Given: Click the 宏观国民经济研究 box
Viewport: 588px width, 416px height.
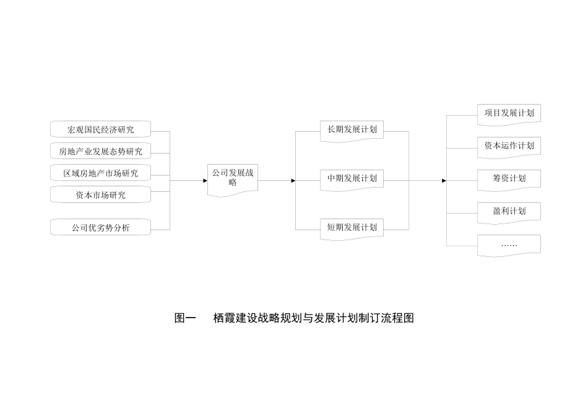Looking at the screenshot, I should pyautogui.click(x=100, y=130).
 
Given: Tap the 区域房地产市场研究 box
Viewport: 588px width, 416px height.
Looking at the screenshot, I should pyautogui.click(x=100, y=173).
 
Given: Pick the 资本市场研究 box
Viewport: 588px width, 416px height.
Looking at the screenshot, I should pyautogui.click(x=100, y=195).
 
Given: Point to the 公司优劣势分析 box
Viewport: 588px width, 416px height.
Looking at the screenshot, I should pyautogui.click(x=100, y=228).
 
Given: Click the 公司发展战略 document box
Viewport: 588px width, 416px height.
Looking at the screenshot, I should pyautogui.click(x=232, y=178).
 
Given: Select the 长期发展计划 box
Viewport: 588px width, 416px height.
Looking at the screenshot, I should pyautogui.click(x=352, y=130).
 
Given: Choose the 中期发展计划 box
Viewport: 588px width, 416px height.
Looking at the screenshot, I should pyautogui.click(x=352, y=179).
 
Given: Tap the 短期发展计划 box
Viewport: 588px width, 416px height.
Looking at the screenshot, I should pyautogui.click(x=352, y=227).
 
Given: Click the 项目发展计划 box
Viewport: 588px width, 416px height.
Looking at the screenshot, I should pyautogui.click(x=509, y=114).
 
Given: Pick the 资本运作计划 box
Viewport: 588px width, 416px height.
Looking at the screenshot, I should pyautogui.click(x=509, y=146).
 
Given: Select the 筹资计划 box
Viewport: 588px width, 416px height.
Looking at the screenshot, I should pyautogui.click(x=509, y=179).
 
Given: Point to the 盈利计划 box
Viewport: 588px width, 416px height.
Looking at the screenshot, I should pyautogui.click(x=509, y=212).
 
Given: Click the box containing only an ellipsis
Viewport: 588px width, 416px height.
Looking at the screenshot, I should pyautogui.click(x=509, y=245).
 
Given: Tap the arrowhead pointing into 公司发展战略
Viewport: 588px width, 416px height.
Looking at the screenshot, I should pyautogui.click(x=205, y=181).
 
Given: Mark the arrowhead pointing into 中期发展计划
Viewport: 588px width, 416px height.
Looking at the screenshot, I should pyautogui.click(x=293, y=181).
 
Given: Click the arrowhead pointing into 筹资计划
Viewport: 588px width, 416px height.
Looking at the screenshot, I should pyautogui.click(x=444, y=181).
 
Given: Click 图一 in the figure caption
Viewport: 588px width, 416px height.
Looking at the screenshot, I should pyautogui.click(x=185, y=319).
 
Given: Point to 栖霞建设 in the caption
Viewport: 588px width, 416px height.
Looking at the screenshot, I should pyautogui.click(x=233, y=319).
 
